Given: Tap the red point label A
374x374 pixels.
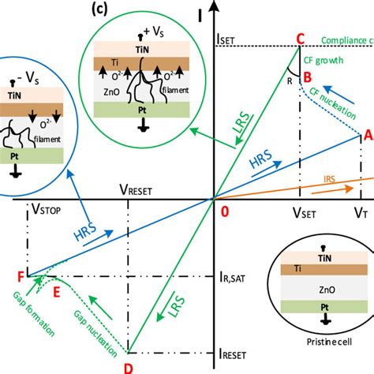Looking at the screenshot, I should tap(365, 135).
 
